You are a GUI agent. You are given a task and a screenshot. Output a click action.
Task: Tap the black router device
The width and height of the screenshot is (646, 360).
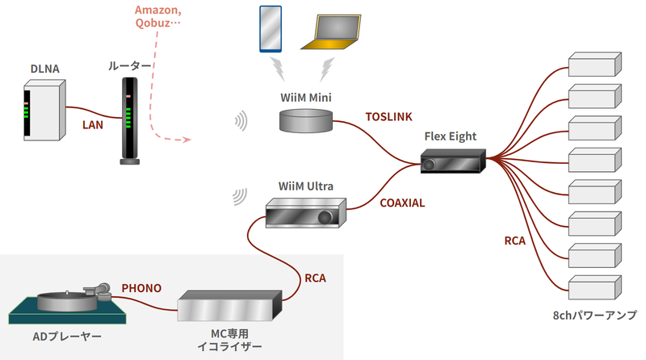pos(129,121)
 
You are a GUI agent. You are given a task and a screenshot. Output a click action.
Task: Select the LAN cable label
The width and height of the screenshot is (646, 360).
pos(94,125)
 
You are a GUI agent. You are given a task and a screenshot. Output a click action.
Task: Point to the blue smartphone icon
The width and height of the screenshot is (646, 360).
pos(271,28)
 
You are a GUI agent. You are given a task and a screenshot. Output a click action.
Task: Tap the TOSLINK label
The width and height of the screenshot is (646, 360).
pos(391,117)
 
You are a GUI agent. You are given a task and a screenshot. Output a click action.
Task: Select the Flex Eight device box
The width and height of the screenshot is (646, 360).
pos(453,161)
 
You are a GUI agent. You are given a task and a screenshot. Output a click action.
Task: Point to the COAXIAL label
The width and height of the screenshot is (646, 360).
pos(402,203)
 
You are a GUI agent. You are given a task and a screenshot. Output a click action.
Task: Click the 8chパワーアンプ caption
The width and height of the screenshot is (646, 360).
pos(594,316)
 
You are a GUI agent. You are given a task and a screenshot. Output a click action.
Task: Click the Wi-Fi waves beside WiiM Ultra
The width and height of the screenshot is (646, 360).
pos(238,196)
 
